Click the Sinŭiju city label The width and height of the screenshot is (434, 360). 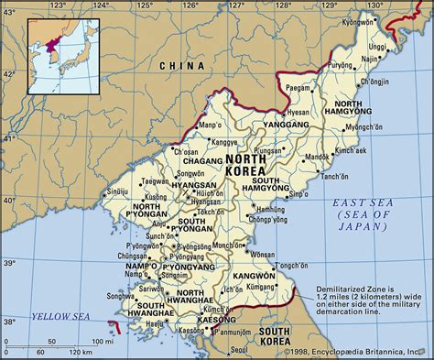click(x=116, y=191)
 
